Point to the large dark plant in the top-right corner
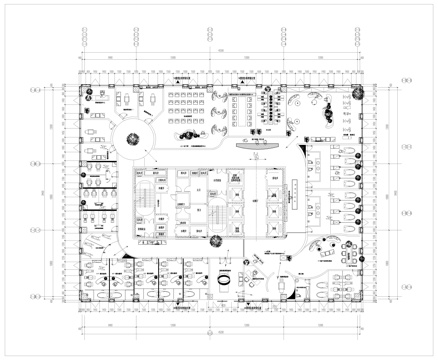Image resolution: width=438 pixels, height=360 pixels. coord(356,90)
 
